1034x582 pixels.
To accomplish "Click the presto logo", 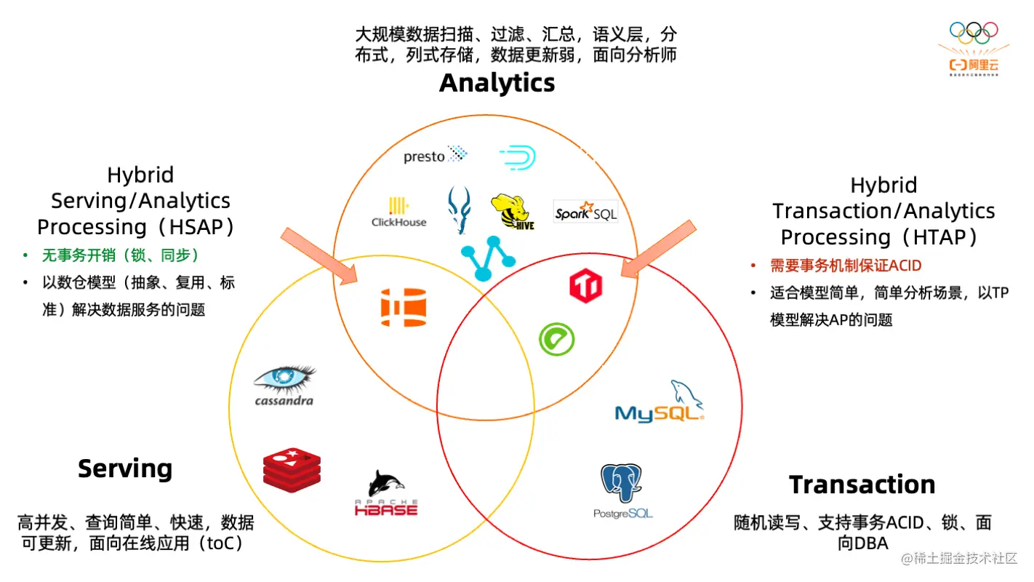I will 435,155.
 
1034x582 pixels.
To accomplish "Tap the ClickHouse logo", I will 398,212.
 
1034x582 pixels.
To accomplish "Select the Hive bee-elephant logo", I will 513,212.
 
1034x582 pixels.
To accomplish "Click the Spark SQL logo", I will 585,212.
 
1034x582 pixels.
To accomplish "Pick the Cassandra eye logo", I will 284,386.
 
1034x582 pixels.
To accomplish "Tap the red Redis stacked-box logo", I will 292,468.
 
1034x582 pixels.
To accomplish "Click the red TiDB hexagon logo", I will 586,285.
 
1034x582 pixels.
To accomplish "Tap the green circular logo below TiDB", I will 556,339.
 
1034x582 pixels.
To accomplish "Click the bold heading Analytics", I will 497,83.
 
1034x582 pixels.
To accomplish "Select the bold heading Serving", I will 125,469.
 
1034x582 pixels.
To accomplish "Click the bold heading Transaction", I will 862,485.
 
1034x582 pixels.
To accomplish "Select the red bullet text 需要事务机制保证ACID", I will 846,266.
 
